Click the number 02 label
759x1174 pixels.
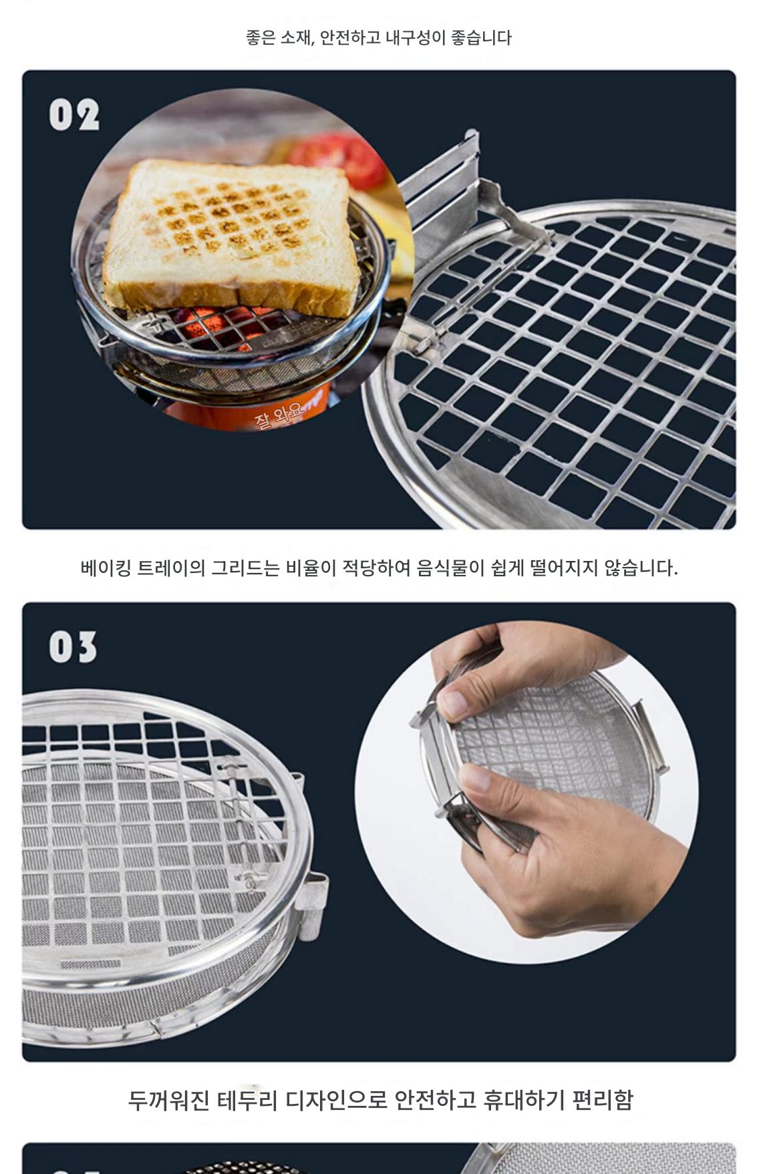74,115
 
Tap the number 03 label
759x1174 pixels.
73,647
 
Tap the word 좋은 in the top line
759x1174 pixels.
261,37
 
